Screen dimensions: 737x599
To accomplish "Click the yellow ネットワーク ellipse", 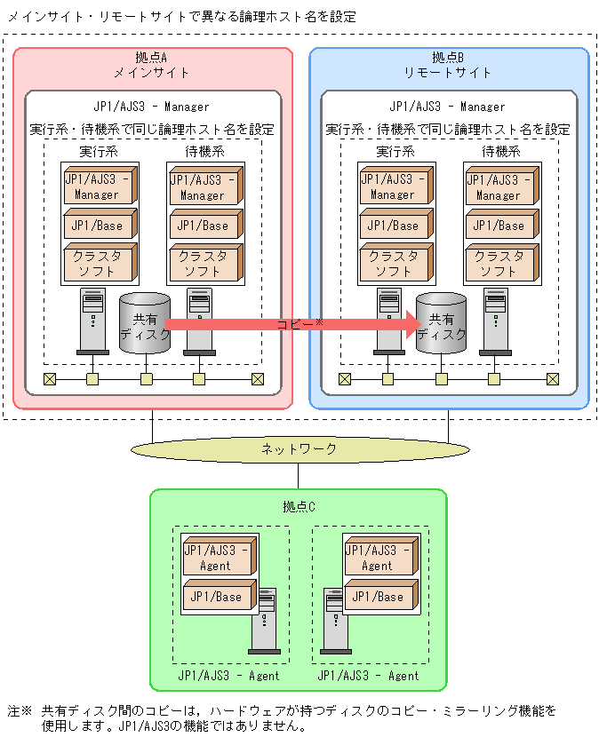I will pyautogui.click(x=299, y=449).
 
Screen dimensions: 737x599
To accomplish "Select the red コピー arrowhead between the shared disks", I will pyautogui.click(x=407, y=324).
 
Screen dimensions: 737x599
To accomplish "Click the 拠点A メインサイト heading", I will pyautogui.click(x=152, y=65).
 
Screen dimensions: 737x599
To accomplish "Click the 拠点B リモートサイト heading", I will pyautogui.click(x=448, y=65).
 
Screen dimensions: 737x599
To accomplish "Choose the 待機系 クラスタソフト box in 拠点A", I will pyautogui.click(x=204, y=262).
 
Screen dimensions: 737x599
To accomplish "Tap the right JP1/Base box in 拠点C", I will pyautogui.click(x=378, y=596).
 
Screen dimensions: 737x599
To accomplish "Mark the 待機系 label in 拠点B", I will pyautogui.click(x=500, y=152).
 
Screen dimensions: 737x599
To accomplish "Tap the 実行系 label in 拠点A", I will pyautogui.click(x=99, y=152).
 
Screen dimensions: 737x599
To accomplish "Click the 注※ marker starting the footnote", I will pyautogui.click(x=20, y=711).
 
